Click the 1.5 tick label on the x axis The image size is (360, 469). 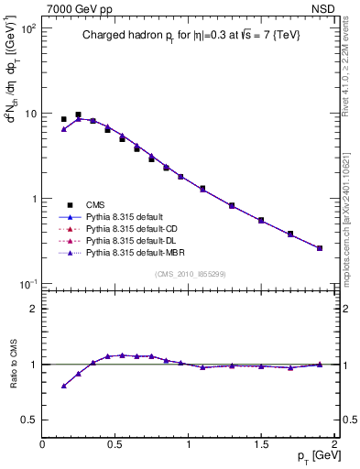pyautogui.click(x=261, y=444)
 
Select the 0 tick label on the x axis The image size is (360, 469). pyautogui.click(x=42, y=444)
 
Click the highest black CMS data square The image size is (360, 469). pyautogui.click(x=78, y=115)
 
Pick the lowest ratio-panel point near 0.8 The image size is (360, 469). pyautogui.click(x=63, y=386)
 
